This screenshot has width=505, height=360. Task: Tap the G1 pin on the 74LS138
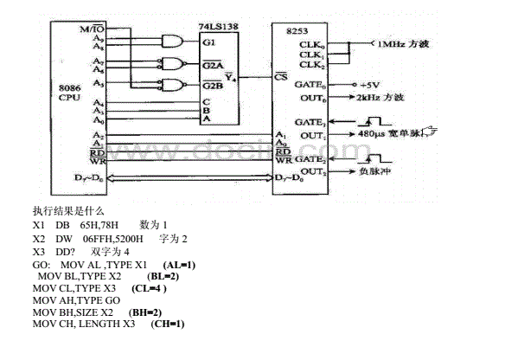point(207,42)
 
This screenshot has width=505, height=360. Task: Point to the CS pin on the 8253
point(280,75)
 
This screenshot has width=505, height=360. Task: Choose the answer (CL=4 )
point(149,287)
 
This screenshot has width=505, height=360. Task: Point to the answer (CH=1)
point(168,324)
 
